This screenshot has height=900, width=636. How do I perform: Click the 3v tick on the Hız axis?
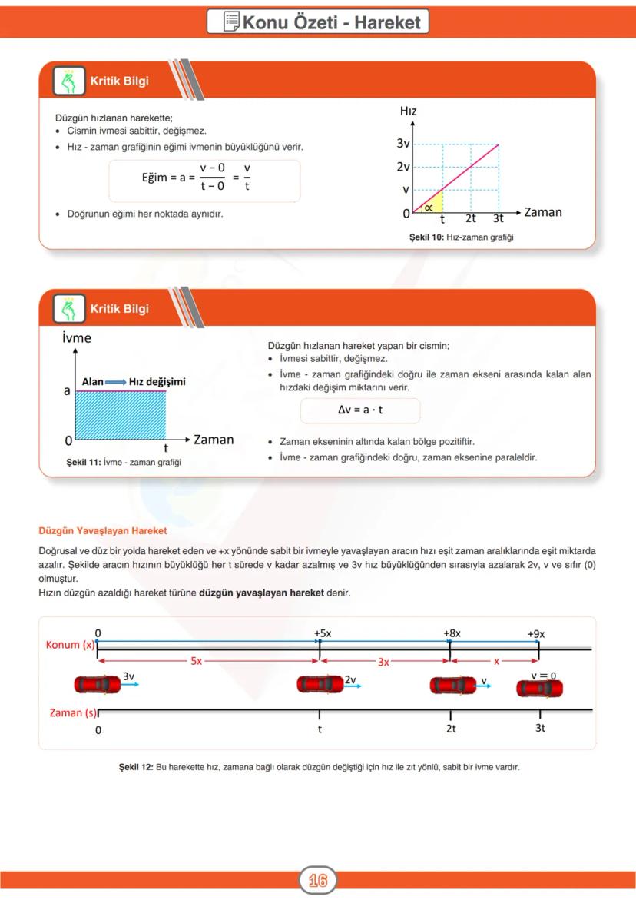click(403, 144)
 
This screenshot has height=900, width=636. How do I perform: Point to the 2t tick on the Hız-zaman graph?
click(471, 218)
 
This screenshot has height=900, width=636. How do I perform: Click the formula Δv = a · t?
click(360, 410)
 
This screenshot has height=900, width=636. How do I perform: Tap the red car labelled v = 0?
click(539, 688)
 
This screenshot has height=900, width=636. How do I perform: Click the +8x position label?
click(452, 633)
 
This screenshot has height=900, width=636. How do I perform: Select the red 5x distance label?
click(197, 661)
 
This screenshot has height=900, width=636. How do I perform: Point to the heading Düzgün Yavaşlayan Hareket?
click(102, 530)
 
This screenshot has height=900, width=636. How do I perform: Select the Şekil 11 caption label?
click(124, 462)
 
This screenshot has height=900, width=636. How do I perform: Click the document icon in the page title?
click(230, 22)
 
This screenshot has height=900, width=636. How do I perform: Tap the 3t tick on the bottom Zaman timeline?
click(540, 728)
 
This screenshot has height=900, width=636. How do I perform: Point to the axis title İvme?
click(77, 338)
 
